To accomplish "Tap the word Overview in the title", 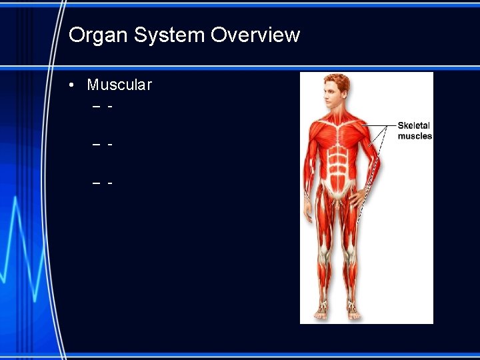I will tap(255, 35).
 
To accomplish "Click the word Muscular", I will tap(119, 85).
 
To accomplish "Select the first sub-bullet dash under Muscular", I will tap(97, 106).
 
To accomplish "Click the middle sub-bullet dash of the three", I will tap(97, 144).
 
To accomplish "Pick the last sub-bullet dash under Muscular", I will tap(97, 182).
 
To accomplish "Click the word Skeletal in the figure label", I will tap(413, 125).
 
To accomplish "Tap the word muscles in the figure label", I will tap(415, 136).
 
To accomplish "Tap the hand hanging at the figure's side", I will tap(309, 213).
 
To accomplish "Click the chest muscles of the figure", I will tap(338, 133).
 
